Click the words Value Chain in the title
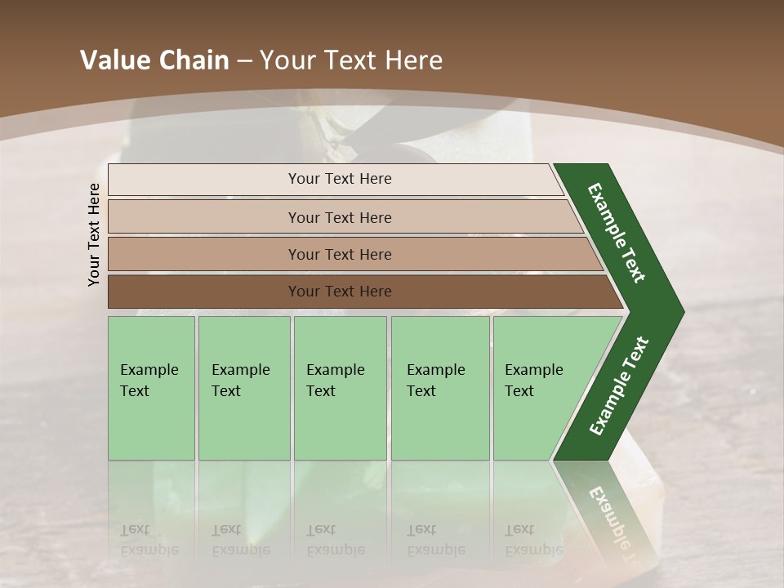[154, 60]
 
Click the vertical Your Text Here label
[94, 234]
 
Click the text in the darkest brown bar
[340, 292]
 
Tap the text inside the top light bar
[340, 179]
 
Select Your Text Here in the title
[351, 60]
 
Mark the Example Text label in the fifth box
[533, 380]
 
